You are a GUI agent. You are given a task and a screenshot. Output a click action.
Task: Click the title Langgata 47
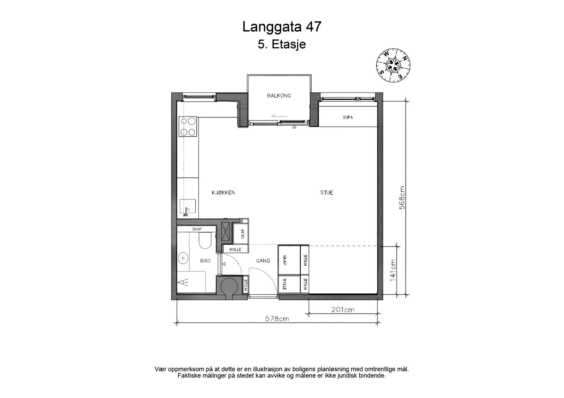click(282, 27)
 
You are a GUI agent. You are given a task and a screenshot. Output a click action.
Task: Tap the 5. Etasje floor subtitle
click(282, 45)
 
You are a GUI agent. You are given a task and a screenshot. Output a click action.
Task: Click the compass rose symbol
click(393, 65)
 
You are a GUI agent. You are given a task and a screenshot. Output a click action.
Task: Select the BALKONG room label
click(279, 95)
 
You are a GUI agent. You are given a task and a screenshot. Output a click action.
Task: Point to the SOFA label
click(348, 118)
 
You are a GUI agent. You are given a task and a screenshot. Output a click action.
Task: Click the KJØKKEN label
click(223, 192)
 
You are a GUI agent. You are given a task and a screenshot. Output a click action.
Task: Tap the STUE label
click(326, 192)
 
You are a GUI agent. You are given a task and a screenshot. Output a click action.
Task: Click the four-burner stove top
click(187, 126)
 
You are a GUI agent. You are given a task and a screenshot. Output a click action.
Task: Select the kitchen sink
click(187, 207)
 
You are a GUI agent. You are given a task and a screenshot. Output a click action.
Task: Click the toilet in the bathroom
click(204, 241)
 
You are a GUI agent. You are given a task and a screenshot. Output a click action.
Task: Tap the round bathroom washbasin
click(183, 258)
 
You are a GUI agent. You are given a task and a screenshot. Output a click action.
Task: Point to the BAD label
click(205, 261)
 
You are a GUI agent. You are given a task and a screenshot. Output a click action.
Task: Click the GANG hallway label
click(263, 261)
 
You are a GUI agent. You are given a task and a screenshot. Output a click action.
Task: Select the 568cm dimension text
click(402, 198)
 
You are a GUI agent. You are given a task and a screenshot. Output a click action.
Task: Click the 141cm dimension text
click(393, 270)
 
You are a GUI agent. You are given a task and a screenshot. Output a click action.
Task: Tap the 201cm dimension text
click(343, 310)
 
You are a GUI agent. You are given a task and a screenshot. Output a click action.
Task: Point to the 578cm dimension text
click(277, 319)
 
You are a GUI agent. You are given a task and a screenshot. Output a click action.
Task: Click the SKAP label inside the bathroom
click(197, 229)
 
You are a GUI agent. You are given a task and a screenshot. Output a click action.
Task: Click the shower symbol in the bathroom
click(184, 282)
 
